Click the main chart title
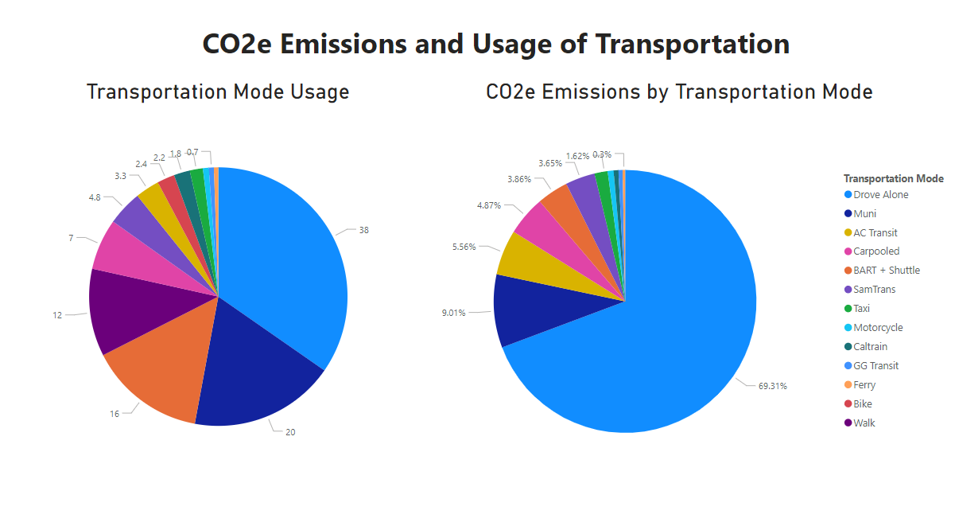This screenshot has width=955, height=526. [495, 44]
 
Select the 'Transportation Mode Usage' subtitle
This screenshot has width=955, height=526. [218, 92]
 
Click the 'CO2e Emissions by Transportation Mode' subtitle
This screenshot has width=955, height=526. [679, 92]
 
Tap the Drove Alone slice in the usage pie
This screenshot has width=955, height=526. [286, 255]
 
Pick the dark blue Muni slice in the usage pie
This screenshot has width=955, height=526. [254, 366]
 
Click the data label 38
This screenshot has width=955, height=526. [363, 230]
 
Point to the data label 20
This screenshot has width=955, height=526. [290, 432]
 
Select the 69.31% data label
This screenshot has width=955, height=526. [772, 386]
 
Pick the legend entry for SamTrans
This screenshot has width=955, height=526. [875, 290]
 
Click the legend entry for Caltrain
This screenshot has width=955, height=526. [870, 347]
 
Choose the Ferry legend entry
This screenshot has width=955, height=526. [864, 385]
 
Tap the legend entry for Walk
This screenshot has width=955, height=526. [864, 423]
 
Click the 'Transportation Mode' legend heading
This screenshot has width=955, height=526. [893, 178]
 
